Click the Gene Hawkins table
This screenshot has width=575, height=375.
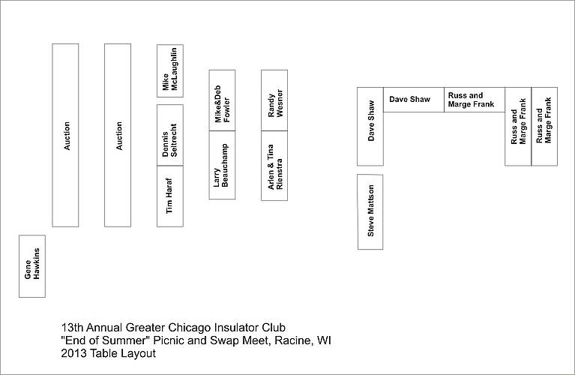pyautogui.click(x=32, y=266)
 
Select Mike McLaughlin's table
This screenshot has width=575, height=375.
pyautogui.click(x=170, y=70)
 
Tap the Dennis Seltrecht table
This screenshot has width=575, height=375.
pyautogui.click(x=170, y=135)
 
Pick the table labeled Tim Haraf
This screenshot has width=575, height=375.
pyautogui.click(x=170, y=196)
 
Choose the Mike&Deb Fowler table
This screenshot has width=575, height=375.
pyautogui.click(x=222, y=100)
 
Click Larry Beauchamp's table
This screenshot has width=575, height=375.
pyautogui.click(x=222, y=165)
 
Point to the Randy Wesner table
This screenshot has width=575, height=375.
pyautogui.click(x=274, y=100)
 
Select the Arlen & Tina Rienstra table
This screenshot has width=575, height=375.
pyautogui.click(x=274, y=166)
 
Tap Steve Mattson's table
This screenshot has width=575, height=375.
pyautogui.click(x=370, y=212)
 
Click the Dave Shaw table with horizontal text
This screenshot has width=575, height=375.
pyautogui.click(x=414, y=100)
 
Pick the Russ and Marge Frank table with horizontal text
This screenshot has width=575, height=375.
pyautogui.click(x=475, y=100)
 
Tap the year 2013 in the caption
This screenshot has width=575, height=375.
pyautogui.click(x=73, y=353)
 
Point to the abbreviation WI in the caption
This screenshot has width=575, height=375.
pyautogui.click(x=324, y=340)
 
